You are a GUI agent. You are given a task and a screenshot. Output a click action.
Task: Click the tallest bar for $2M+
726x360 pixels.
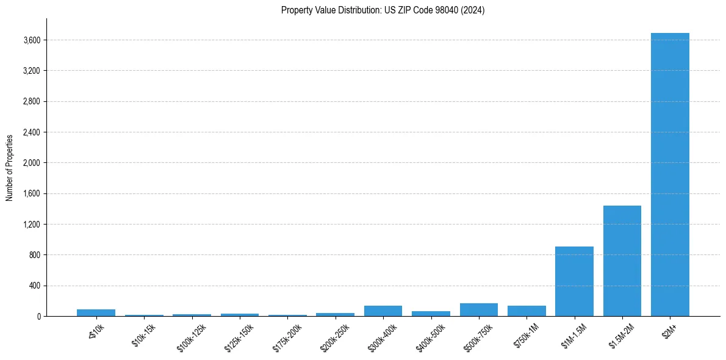point(670,175)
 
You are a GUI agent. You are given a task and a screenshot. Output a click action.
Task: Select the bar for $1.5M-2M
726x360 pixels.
point(622,261)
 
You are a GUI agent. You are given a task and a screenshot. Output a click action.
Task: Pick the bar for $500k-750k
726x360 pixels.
point(478,310)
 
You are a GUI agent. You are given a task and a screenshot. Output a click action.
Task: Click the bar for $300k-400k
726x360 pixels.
point(383,311)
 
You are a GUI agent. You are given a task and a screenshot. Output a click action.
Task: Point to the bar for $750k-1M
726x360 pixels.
point(527,311)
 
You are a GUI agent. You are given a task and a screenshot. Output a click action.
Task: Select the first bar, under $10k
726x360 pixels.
point(96,312)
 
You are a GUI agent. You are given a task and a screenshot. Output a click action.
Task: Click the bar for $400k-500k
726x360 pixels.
point(431,314)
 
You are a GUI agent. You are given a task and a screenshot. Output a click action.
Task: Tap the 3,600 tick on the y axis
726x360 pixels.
point(31,40)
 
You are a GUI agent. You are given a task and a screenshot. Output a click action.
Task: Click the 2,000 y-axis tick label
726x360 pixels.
point(31,163)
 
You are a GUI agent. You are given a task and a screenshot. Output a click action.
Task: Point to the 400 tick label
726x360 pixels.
point(34,286)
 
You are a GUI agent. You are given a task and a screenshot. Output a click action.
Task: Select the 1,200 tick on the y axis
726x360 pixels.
point(31,225)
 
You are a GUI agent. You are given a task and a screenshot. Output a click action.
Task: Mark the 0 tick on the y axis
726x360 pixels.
point(38,317)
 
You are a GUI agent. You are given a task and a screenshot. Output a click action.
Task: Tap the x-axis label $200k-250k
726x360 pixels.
point(334,335)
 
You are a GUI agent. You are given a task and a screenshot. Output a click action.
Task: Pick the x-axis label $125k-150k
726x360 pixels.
point(239,335)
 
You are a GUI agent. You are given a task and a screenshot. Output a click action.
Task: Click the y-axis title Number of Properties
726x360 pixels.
point(10,168)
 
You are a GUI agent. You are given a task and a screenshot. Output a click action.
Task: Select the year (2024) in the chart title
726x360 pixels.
point(473,10)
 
